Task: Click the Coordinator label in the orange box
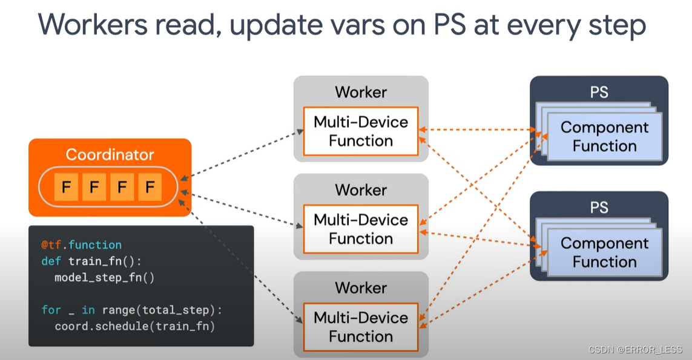(x=110, y=154)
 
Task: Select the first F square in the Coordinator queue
(x=66, y=188)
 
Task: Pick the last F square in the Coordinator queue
(x=150, y=188)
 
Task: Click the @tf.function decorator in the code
(x=81, y=245)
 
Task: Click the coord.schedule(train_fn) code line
(x=134, y=327)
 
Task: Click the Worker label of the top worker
(x=361, y=92)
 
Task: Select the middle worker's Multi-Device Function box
(x=361, y=229)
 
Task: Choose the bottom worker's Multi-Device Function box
(x=361, y=327)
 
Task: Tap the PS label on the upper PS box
(x=599, y=92)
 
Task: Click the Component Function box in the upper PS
(x=604, y=137)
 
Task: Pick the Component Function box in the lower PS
(x=604, y=252)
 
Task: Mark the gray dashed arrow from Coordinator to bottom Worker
(x=242, y=260)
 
